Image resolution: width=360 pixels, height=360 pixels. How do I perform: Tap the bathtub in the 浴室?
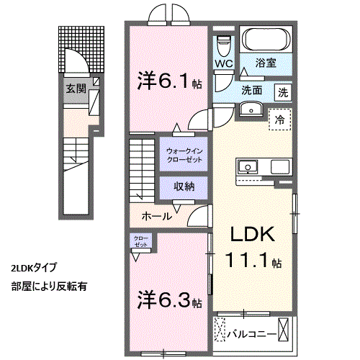coord(266,40)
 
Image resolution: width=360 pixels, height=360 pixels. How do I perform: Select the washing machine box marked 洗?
coord(283,92)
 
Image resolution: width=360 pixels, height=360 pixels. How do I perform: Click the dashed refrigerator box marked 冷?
coord(280,120)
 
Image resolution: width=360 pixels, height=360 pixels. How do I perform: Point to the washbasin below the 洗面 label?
coord(251,109)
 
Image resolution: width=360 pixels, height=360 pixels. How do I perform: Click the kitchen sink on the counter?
coord(248,167)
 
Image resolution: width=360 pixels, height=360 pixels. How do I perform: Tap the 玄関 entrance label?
coord(76,89)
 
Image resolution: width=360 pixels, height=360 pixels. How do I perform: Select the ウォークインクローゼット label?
coord(184,156)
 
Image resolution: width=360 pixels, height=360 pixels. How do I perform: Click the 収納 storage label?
coord(184,186)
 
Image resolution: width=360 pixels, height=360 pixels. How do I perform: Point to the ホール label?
coord(157,216)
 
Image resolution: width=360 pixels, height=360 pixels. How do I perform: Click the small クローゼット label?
coord(141,241)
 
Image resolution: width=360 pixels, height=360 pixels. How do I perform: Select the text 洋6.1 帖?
coord(169,81)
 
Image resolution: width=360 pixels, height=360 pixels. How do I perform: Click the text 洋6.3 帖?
coord(169,300)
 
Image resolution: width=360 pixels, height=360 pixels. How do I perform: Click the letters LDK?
coord(253,234)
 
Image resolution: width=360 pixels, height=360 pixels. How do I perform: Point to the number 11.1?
coord(247,261)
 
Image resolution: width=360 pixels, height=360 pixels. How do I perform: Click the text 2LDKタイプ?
coord(34,268)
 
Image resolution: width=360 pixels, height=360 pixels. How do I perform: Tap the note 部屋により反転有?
coord(49,287)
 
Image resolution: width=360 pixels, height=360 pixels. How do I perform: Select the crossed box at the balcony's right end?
coord(283,329)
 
